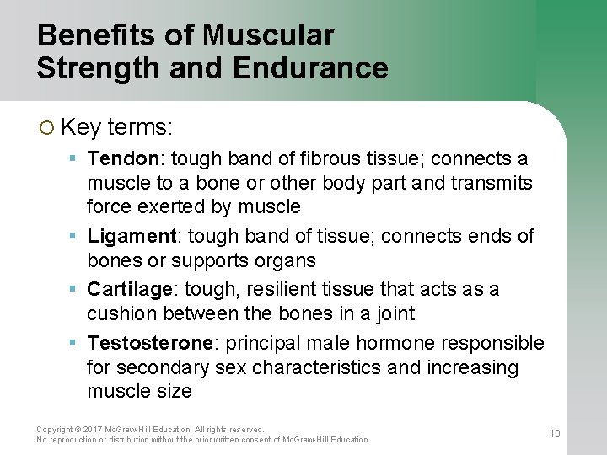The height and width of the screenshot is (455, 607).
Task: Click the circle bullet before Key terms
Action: click(x=46, y=127)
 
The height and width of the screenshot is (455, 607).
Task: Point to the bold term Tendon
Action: click(x=123, y=159)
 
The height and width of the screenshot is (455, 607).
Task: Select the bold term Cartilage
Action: click(x=130, y=289)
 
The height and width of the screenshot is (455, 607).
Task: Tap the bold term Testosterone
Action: click(x=149, y=343)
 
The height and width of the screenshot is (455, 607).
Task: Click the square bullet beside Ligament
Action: click(x=74, y=236)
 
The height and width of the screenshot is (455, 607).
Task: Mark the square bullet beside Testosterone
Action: click(x=74, y=343)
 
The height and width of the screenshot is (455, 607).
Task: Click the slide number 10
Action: click(x=555, y=434)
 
